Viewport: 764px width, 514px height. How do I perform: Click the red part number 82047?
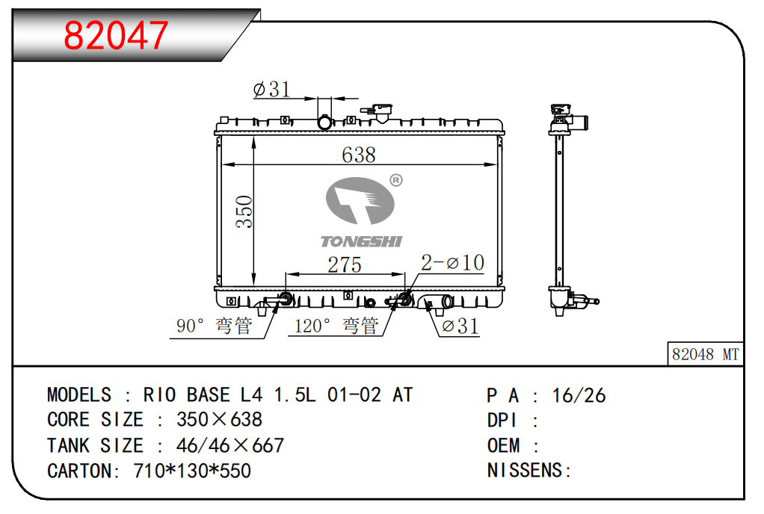click(x=116, y=36)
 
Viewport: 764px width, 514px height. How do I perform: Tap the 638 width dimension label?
click(x=359, y=155)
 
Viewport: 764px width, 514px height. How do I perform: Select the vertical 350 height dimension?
click(x=244, y=211)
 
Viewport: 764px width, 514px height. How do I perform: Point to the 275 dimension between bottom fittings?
click(x=345, y=264)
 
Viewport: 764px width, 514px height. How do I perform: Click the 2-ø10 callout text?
click(x=453, y=263)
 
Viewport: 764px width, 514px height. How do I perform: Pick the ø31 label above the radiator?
click(x=272, y=89)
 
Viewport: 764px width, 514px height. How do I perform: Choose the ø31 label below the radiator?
click(x=460, y=326)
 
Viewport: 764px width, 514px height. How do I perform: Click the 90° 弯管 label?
click(x=215, y=326)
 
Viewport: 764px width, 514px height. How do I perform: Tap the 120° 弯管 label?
click(x=336, y=326)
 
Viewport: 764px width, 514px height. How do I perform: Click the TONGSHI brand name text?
click(x=361, y=241)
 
